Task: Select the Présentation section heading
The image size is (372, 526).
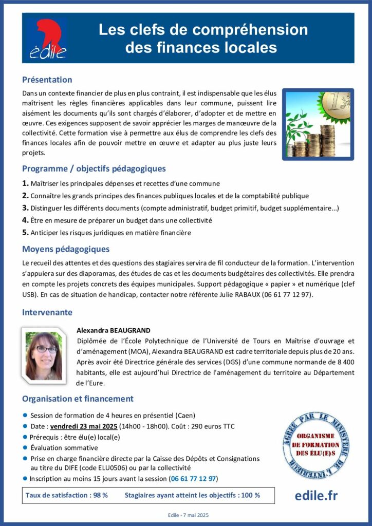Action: pos(47,80)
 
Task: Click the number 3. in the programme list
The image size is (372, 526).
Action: pos(25,208)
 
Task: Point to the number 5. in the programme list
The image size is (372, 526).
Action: pos(25,232)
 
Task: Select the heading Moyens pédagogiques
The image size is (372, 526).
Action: pos(66,249)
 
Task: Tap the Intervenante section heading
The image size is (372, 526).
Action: pos(47,312)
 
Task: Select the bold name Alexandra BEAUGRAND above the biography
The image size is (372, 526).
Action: pos(113,330)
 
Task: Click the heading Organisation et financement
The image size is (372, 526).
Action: pos(78,399)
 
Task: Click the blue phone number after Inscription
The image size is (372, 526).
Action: pos(194,479)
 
